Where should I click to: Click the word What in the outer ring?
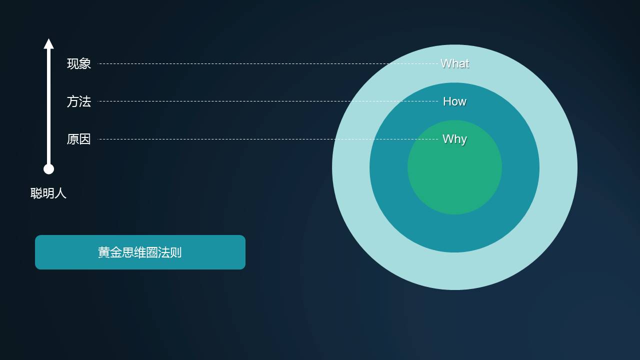tap(455, 63)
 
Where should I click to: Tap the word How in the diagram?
tap(454, 101)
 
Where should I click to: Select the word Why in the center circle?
tap(454, 139)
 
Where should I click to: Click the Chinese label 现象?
tap(79, 63)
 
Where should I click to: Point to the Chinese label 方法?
tap(79, 101)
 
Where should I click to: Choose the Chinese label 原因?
tap(79, 139)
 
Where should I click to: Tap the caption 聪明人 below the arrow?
tap(48, 193)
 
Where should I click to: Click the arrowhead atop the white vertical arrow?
tap(48, 44)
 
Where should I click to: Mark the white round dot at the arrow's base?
tap(48, 169)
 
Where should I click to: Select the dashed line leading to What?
tap(267, 63)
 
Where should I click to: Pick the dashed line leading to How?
tap(267, 101)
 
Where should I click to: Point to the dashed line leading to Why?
tap(267, 139)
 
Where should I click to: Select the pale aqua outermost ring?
tap(454, 271)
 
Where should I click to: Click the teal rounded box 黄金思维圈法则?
tap(140, 252)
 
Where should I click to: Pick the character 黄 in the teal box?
tap(103, 252)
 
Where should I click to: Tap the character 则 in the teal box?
tap(175, 252)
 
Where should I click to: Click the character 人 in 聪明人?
tap(60, 193)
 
